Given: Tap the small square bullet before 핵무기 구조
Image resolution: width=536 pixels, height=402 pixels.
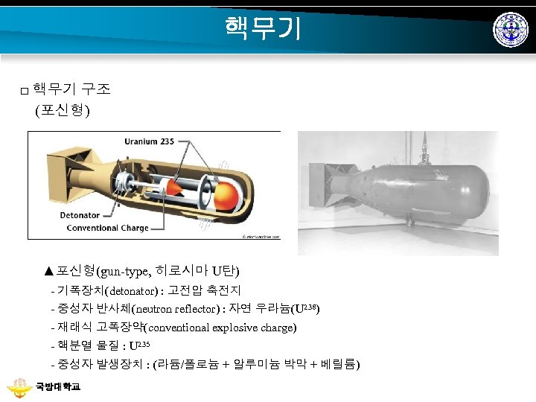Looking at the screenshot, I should [x=25, y=91].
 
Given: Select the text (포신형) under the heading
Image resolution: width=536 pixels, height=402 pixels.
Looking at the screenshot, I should [x=63, y=111].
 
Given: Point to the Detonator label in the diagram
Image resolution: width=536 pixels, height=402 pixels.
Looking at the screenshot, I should [x=80, y=216].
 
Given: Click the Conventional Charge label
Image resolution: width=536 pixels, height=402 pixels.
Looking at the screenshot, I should [x=104, y=228].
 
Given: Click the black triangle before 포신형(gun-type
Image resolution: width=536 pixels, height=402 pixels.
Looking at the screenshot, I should [x=49, y=270].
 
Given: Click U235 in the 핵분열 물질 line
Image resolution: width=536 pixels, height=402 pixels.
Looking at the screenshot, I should [x=140, y=346].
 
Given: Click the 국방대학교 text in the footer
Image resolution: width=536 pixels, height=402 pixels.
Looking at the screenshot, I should [x=57, y=387].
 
